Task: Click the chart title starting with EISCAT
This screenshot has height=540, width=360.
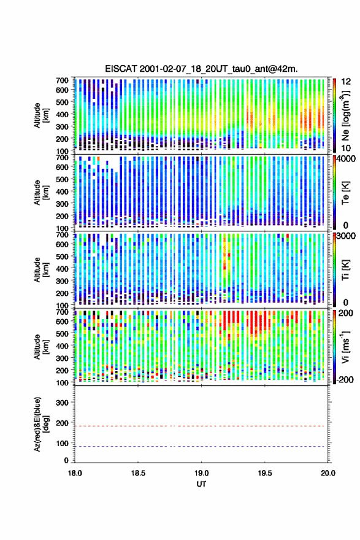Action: (201, 69)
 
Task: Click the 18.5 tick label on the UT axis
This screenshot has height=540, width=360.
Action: (138, 473)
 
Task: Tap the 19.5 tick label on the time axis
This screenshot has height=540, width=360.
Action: (265, 473)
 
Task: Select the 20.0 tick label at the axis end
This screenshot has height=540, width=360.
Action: (328, 473)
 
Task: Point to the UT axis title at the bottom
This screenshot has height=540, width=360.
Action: (201, 484)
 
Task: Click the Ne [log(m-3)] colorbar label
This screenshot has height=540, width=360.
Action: (346, 115)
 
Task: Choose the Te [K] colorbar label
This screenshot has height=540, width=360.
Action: (345, 193)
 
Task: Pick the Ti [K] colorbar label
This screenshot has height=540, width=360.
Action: (345, 269)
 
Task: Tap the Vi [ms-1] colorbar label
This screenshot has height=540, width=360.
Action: (345, 347)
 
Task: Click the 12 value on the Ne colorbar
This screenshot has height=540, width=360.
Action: (347, 82)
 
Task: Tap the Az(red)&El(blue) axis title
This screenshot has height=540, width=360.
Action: (40, 424)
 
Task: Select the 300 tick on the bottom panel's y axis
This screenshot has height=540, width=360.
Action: (62, 403)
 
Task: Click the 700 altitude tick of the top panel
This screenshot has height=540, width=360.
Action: (62, 80)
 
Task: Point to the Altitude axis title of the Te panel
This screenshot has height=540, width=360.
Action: (40, 192)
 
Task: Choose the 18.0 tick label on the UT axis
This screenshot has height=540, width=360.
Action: (75, 473)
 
